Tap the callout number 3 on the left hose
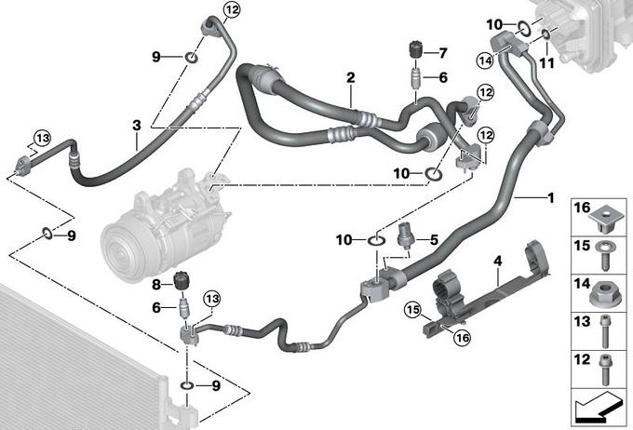(x=137, y=125)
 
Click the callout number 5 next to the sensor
(x=433, y=238)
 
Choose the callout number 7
(x=442, y=52)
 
